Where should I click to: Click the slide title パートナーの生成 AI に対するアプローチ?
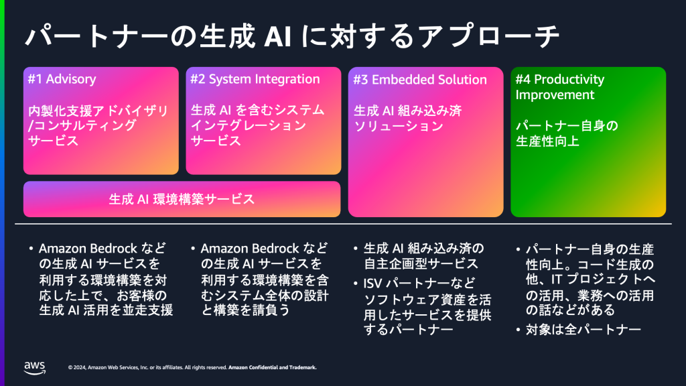click(292, 37)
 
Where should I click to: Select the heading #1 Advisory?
click(62, 79)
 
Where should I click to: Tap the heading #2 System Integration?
click(255, 79)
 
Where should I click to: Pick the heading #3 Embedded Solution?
click(420, 80)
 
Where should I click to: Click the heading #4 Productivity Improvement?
click(559, 87)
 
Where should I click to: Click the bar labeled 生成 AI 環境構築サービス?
click(182, 199)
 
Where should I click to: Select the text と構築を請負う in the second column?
click(237, 310)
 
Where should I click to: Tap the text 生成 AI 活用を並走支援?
click(106, 310)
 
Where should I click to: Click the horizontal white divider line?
click(343, 223)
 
